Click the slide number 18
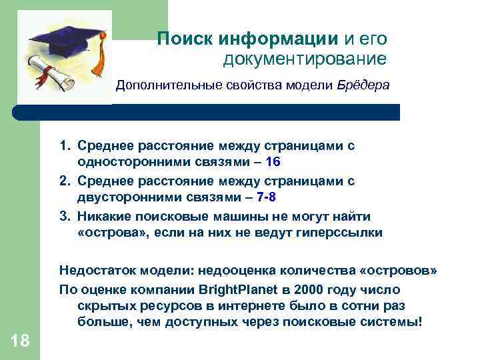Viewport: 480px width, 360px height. [20, 341]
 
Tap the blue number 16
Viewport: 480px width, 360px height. [273, 161]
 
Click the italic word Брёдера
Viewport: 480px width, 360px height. [363, 85]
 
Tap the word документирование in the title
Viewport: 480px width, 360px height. [305, 59]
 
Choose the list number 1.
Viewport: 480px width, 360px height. [64, 144]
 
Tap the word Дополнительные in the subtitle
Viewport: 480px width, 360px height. [159, 85]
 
